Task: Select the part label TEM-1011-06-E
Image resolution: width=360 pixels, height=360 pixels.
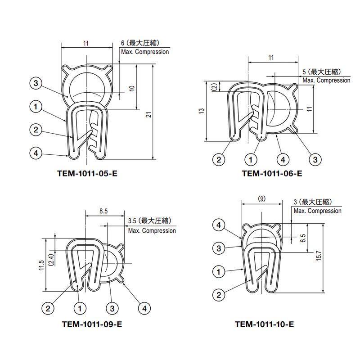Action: tap(272, 173)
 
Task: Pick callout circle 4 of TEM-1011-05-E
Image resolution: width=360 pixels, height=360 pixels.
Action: tap(36, 153)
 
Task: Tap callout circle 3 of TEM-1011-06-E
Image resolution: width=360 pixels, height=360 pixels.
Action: tap(315, 159)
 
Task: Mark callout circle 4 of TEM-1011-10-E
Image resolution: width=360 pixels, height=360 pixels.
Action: tap(219, 225)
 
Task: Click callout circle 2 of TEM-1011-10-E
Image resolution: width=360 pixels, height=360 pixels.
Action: tap(219, 295)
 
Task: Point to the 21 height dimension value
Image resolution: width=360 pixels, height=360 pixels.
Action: tap(148, 116)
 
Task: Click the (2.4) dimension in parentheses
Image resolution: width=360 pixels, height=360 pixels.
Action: tap(51, 260)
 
